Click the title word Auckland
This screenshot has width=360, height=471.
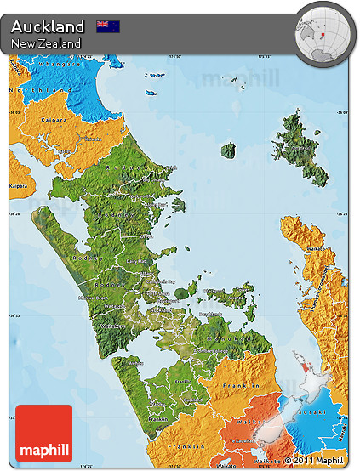tap(48, 26)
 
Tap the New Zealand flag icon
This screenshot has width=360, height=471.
tap(108, 26)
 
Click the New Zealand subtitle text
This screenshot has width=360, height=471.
tap(47, 43)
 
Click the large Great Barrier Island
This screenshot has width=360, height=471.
tap(302, 145)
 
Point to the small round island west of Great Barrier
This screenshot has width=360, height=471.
tap(228, 150)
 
